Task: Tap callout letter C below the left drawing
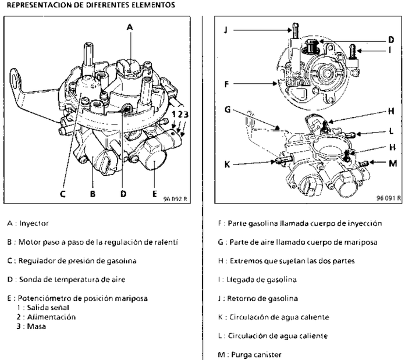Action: (63, 194)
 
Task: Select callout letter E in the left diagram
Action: (154, 194)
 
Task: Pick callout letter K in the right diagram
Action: (227, 165)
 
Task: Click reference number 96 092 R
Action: (176, 198)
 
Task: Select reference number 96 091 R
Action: (388, 198)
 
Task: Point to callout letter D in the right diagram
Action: (391, 40)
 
